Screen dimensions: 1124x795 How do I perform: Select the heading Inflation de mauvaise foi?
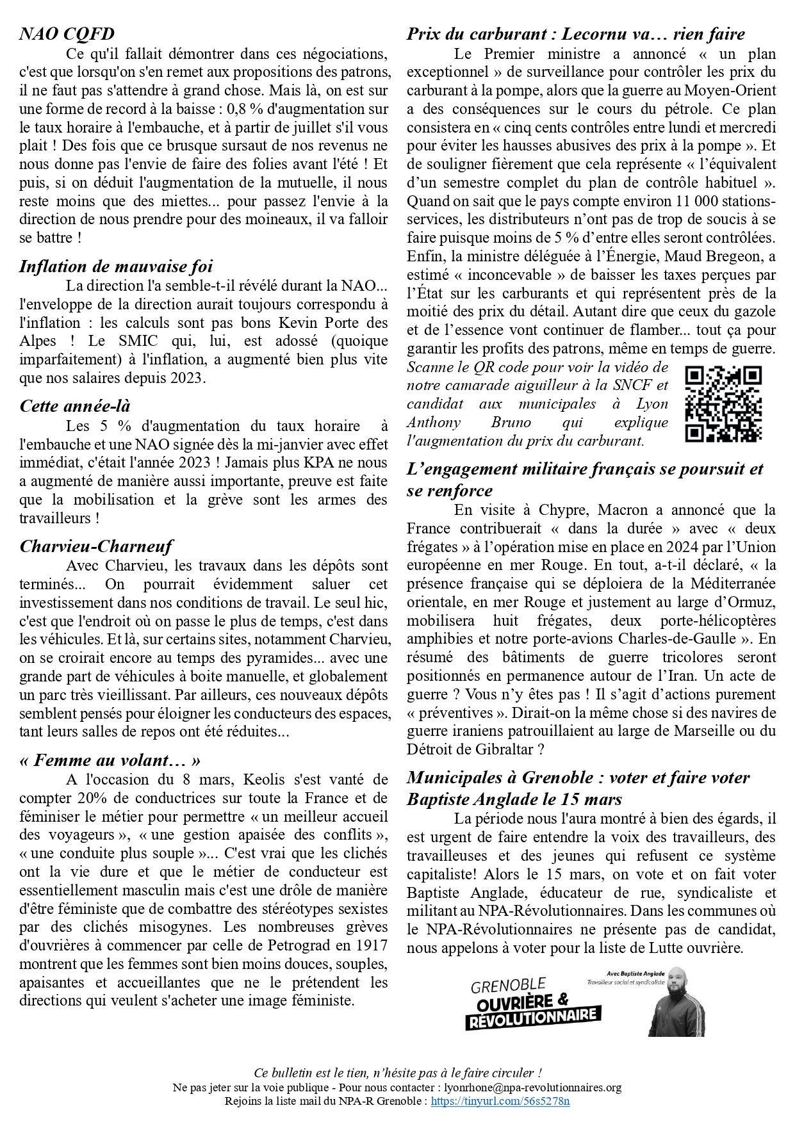click(x=116, y=266)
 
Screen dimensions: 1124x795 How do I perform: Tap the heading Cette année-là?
click(x=75, y=405)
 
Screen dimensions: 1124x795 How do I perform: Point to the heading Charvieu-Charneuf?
click(x=96, y=546)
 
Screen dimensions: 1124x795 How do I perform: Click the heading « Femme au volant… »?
click(x=110, y=760)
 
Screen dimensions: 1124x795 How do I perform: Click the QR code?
click(x=723, y=404)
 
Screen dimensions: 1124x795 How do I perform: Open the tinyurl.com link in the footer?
click(x=500, y=1101)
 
